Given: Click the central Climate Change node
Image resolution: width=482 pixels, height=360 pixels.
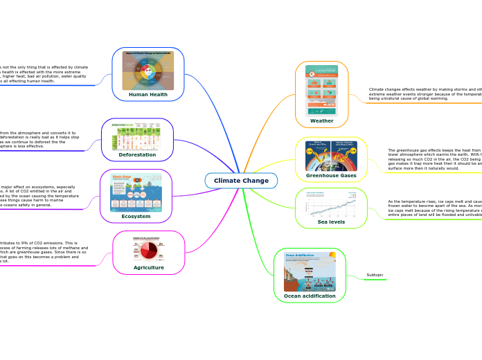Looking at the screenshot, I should click(x=241, y=181).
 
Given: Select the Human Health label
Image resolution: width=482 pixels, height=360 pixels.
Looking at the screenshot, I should click(x=148, y=94).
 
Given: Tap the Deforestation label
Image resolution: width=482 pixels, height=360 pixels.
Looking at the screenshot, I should click(x=137, y=155).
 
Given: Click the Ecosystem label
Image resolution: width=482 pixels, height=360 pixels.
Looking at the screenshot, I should click(x=136, y=216).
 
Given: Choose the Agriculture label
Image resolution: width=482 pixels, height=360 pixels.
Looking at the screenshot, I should click(x=149, y=267).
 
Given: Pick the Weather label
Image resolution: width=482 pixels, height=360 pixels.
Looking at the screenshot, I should click(x=321, y=120).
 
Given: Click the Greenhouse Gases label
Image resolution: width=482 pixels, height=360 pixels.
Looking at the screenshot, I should click(x=331, y=176).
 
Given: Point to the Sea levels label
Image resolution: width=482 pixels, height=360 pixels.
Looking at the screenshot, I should click(x=331, y=222).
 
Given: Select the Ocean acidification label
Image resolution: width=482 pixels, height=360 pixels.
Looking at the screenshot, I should click(x=310, y=296).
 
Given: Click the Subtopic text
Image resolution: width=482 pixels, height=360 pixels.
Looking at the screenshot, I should click(x=375, y=275).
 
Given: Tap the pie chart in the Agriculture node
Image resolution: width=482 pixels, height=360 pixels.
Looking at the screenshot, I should click(x=148, y=249).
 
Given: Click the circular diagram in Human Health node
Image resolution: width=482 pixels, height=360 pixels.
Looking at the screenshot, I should click(x=148, y=70).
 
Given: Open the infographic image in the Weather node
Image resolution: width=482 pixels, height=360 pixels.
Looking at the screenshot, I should click(x=321, y=90).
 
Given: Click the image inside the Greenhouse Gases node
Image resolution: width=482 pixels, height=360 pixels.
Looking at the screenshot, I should click(x=331, y=156).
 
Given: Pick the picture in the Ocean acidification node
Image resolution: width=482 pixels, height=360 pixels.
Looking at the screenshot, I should click(x=310, y=271).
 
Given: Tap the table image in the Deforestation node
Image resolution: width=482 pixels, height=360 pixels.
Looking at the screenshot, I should click(x=137, y=138).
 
